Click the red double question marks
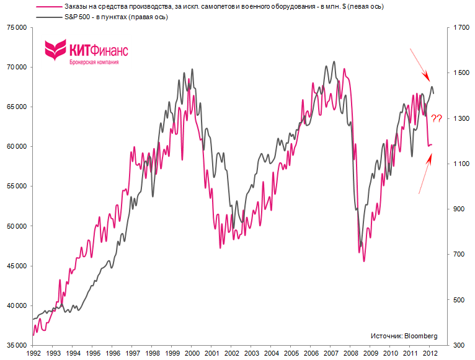coord(437,118)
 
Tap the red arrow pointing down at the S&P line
coord(419,64)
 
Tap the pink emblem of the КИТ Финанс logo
coord(56,50)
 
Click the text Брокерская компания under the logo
coord(93,62)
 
